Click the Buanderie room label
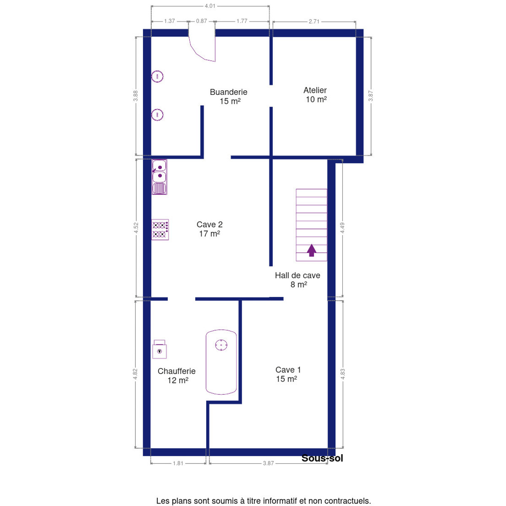[229, 92]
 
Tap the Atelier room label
[315, 90]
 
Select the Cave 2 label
[210, 224]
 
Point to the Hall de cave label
[298, 275]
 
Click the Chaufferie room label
[176, 371]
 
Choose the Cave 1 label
[288, 370]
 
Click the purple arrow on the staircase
[312, 250]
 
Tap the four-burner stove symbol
[160, 230]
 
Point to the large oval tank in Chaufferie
[221, 362]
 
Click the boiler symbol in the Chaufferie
[159, 349]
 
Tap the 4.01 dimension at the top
[210, 6]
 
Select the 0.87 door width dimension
[202, 21]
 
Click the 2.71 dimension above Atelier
[314, 21]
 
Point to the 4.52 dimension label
[136, 228]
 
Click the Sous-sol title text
[322, 458]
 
